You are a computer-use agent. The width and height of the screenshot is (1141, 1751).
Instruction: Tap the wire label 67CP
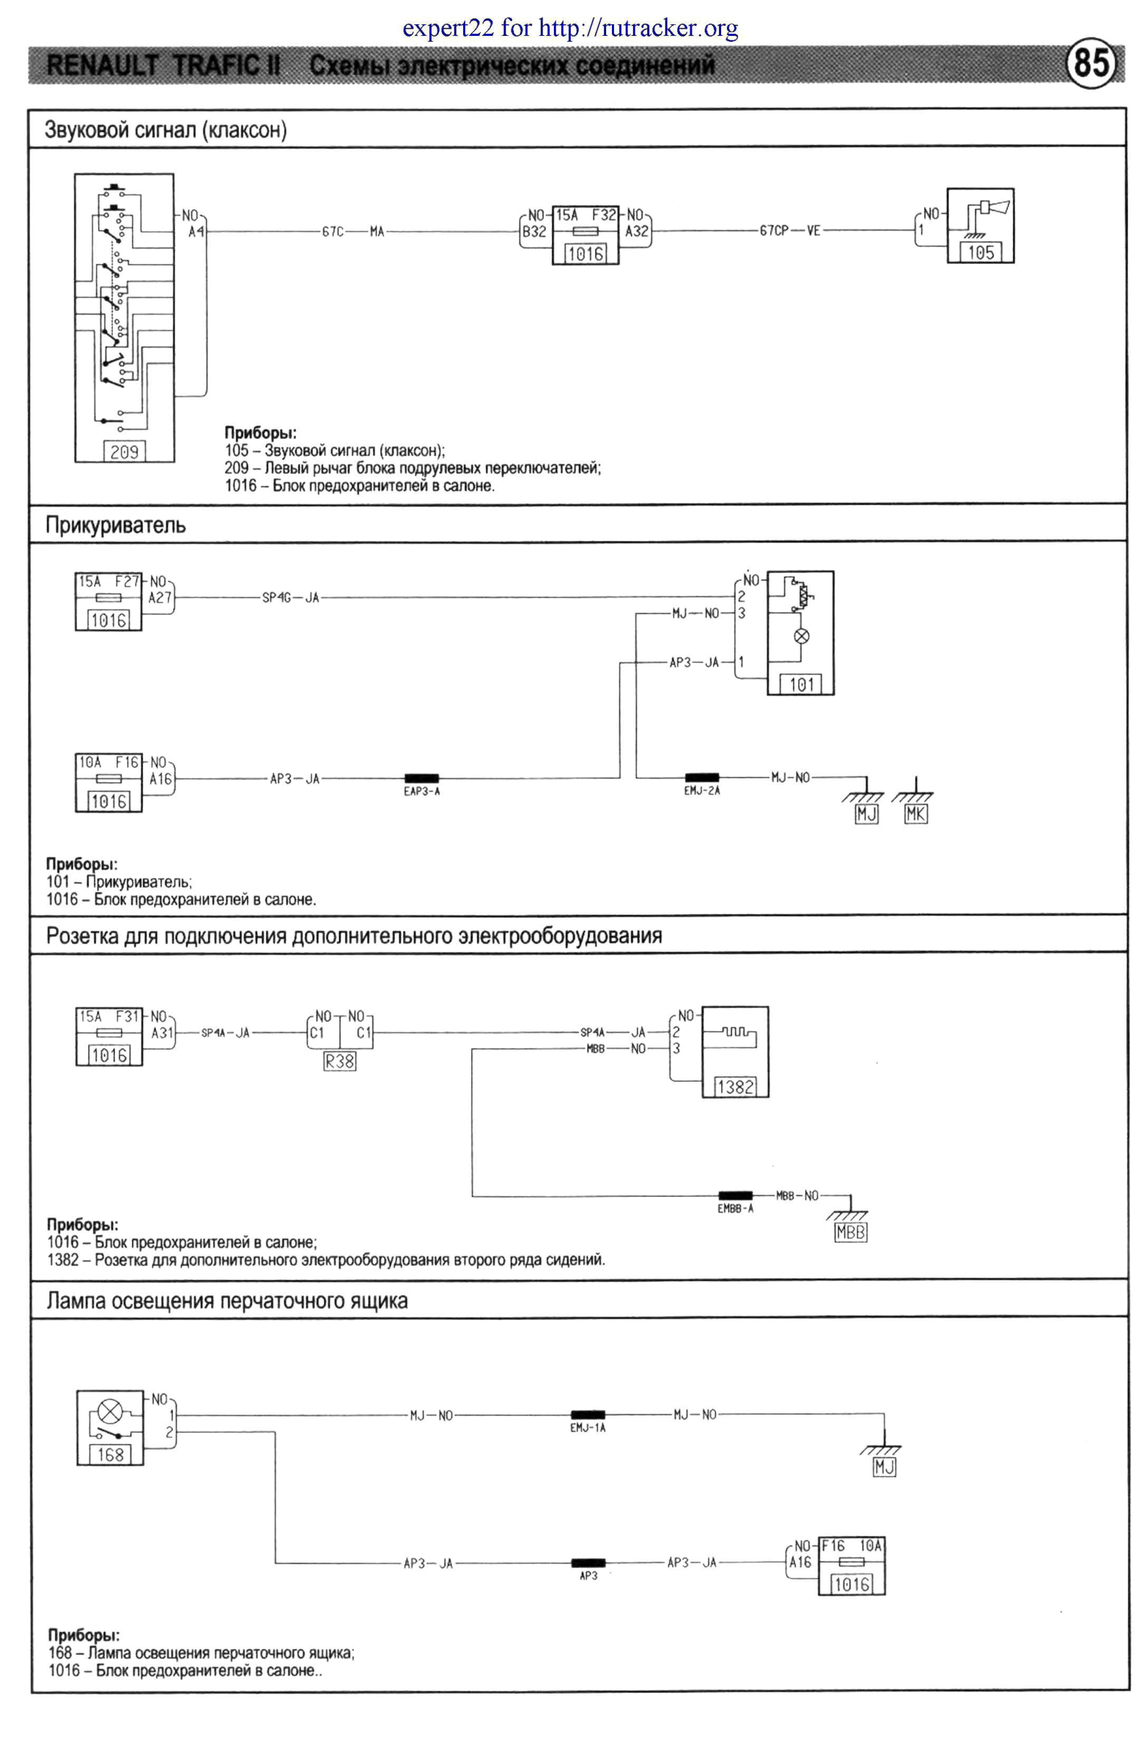pyautogui.click(x=773, y=230)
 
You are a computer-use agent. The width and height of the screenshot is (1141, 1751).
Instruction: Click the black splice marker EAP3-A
pyautogui.click(x=421, y=778)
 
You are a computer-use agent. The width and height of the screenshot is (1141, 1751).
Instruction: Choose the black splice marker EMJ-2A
pyautogui.click(x=702, y=778)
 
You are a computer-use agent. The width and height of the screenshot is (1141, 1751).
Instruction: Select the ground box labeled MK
pyautogui.click(x=915, y=814)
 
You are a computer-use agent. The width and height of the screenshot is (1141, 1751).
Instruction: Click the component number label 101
pyautogui.click(x=801, y=685)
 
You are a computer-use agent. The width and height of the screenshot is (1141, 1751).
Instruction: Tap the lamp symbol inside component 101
pyautogui.click(x=802, y=635)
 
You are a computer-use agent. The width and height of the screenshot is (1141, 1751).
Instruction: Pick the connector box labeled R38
pyautogui.click(x=339, y=1061)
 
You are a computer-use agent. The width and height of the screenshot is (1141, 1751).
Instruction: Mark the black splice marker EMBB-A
pyautogui.click(x=735, y=1195)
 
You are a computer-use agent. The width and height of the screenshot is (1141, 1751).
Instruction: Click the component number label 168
pyautogui.click(x=111, y=1454)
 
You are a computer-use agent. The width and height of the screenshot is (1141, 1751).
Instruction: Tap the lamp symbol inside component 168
pyautogui.click(x=110, y=1412)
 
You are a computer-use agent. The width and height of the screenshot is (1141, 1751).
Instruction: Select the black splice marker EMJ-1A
pyautogui.click(x=588, y=1415)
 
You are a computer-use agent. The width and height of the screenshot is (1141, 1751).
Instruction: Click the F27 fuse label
pyautogui.click(x=127, y=581)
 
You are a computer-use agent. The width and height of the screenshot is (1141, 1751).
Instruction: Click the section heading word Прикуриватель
pyautogui.click(x=116, y=526)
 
